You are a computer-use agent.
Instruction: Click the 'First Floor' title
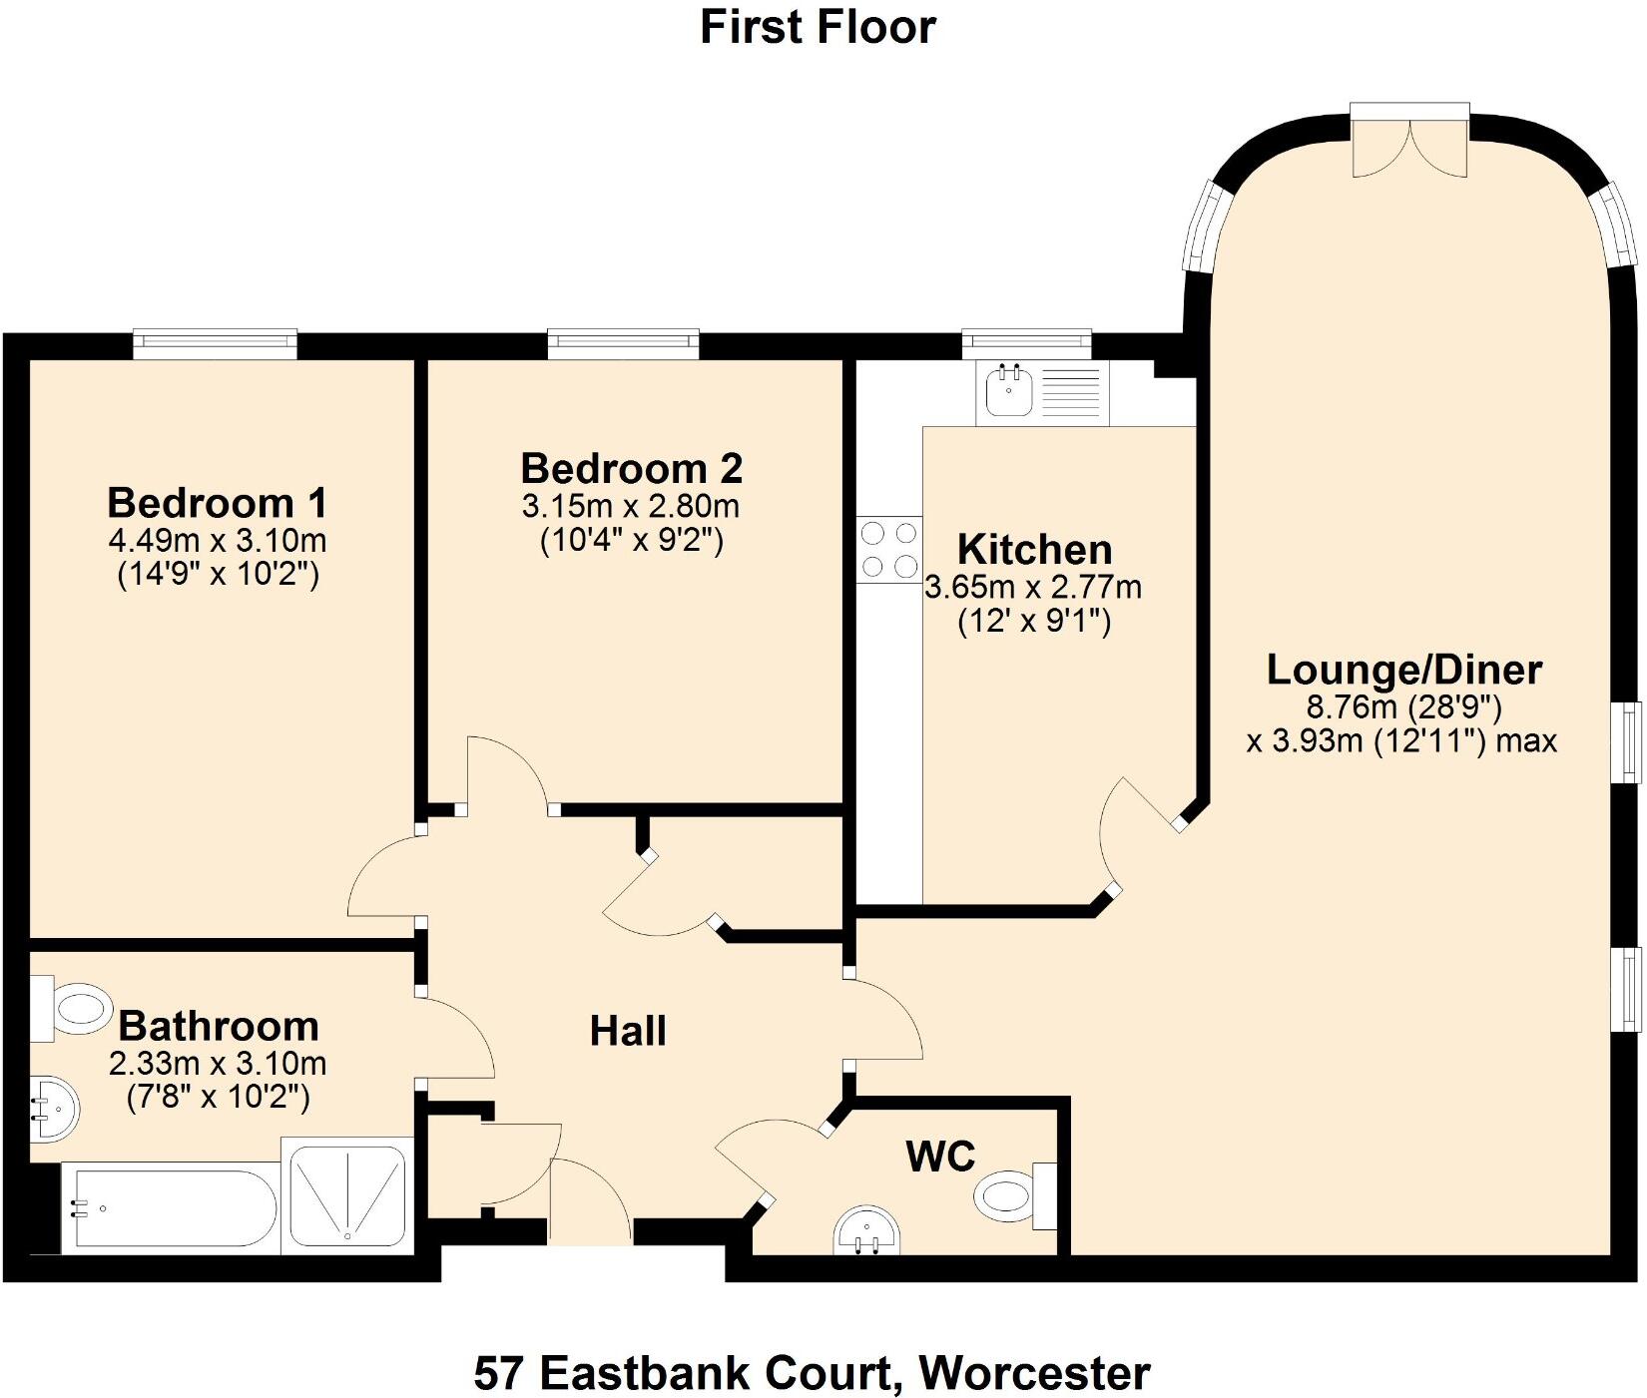pos(818,27)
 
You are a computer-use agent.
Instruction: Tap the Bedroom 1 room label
pos(217,502)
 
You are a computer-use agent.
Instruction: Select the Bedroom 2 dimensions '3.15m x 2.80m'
pos(631,506)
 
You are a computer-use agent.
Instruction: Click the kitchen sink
pos(1008,391)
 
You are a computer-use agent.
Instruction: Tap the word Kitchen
pos(1034,550)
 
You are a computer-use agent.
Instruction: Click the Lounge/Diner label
pos(1403,670)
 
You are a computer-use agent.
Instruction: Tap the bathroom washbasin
pos(52,1109)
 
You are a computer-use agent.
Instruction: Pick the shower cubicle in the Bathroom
pos(347,1195)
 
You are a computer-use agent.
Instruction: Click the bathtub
pos(170,1209)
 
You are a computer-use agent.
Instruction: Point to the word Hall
pos(628,1031)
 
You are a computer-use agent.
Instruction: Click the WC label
pos(940,1157)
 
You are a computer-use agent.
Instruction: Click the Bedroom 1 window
pos(216,344)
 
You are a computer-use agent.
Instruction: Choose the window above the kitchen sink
pos(1026,343)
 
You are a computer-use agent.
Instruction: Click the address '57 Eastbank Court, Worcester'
pos(812,1346)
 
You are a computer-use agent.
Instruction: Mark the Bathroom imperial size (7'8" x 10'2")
pos(218,1098)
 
